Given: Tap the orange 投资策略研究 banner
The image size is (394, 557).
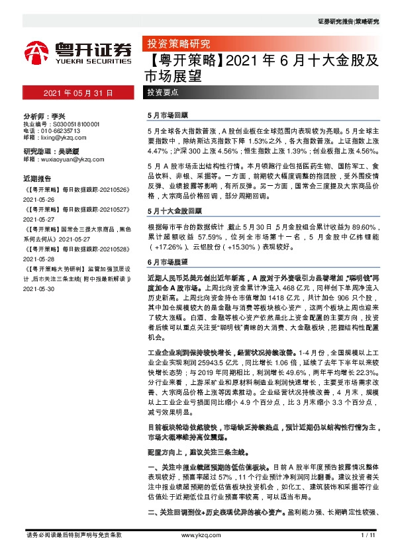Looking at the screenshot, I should click(177, 45).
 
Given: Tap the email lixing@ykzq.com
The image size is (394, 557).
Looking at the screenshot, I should click(60, 138).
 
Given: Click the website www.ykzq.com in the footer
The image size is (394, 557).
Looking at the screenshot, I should click(197, 535).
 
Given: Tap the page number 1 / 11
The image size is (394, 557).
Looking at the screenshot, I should click(368, 535).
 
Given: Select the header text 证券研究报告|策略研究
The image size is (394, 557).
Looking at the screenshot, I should click(348, 22).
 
